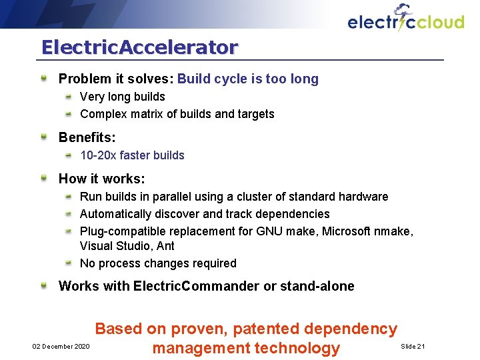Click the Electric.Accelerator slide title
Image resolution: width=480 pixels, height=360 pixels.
(139, 48)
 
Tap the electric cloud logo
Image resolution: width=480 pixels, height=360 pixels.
(405, 20)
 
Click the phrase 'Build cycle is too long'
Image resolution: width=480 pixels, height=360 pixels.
(248, 79)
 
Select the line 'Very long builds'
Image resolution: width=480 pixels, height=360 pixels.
(123, 97)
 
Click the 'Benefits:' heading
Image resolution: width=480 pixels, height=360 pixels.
(87, 138)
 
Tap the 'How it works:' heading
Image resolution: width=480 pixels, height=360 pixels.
(102, 179)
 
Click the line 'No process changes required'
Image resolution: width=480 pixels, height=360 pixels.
(158, 263)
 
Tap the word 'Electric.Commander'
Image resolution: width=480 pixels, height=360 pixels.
(195, 287)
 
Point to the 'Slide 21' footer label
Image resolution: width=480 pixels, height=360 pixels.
(413, 347)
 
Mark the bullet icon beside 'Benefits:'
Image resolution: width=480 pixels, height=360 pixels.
(43, 137)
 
